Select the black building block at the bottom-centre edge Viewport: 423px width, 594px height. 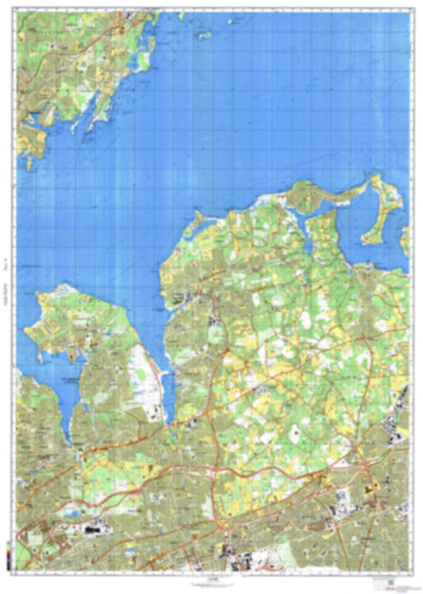click(237, 565)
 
